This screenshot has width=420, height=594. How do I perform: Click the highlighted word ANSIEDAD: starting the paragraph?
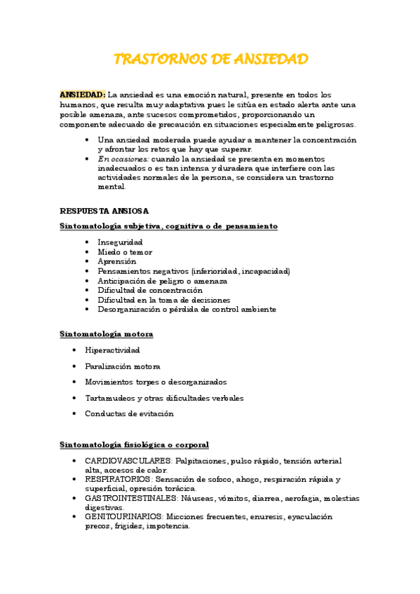click(83, 95)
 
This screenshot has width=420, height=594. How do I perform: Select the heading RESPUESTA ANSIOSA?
click(104, 211)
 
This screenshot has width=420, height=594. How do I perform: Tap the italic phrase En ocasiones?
click(123, 159)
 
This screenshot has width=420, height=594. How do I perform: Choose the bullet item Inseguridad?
click(120, 242)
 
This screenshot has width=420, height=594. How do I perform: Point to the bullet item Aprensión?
click(116, 261)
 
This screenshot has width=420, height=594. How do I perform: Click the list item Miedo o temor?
click(125, 252)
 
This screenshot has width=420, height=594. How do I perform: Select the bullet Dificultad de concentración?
click(150, 290)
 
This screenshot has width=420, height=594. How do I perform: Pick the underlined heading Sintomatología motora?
click(107, 334)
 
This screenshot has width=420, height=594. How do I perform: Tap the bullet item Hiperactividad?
click(112, 350)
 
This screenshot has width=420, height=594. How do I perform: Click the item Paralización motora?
click(123, 366)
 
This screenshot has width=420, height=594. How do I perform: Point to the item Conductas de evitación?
click(129, 413)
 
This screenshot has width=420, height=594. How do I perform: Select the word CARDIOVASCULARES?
click(128, 461)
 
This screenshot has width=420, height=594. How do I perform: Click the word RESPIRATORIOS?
click(118, 480)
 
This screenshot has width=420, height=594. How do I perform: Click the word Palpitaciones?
click(201, 461)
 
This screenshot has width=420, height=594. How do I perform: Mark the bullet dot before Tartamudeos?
click(75, 398)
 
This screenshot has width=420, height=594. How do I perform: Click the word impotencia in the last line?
click(168, 526)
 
